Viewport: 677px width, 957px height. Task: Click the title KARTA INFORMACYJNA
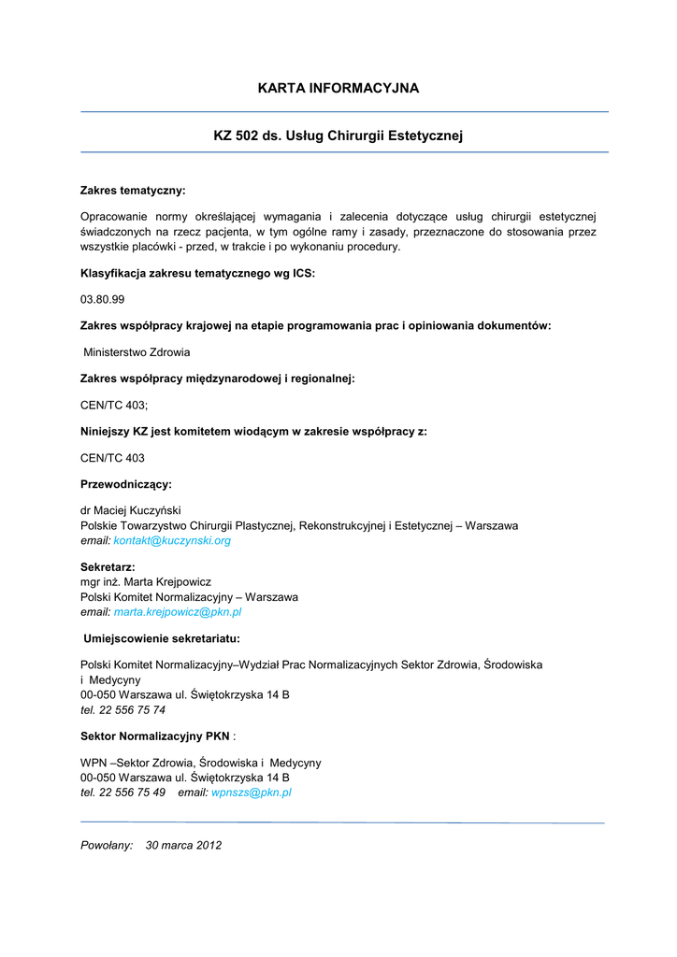338,89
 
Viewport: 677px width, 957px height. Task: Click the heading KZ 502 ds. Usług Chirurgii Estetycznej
338,136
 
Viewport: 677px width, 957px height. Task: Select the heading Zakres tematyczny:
133,191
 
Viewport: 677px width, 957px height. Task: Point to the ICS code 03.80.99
103,300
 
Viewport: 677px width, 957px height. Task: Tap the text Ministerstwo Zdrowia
137,352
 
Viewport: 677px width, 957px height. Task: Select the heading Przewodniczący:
126,484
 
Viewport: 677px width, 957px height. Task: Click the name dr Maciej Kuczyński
131,511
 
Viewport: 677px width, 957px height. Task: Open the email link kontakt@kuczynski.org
172,541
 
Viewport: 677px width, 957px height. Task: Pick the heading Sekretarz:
108,567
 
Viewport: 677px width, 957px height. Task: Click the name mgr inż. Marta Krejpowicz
146,582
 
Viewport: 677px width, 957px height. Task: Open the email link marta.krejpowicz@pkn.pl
178,612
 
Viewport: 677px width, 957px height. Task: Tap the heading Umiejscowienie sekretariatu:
162,638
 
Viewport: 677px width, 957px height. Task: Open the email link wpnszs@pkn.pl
252,793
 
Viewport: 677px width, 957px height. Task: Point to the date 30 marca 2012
183,846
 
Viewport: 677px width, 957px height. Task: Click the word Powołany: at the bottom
107,846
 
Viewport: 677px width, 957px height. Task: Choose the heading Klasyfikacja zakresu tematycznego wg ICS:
198,274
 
